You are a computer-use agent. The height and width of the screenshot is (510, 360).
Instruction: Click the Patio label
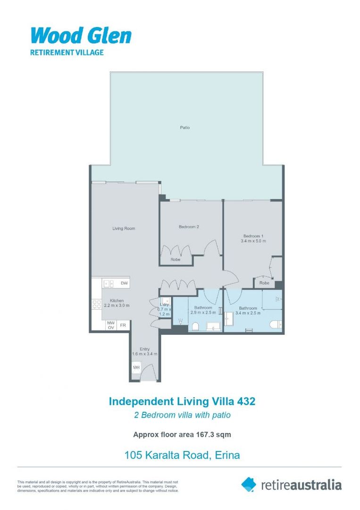(x=185, y=127)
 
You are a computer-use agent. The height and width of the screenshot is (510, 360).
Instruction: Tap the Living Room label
(x=124, y=229)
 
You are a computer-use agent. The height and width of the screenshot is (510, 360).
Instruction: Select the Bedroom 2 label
(x=189, y=227)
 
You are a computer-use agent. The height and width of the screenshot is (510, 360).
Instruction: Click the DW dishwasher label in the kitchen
(x=124, y=283)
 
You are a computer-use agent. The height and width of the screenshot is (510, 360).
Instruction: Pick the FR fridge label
(x=123, y=325)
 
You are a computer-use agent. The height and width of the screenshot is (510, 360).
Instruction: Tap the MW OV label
(x=111, y=325)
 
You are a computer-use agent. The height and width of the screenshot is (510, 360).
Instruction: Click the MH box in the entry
(x=136, y=367)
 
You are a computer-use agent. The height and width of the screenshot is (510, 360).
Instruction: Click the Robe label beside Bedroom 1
(x=264, y=283)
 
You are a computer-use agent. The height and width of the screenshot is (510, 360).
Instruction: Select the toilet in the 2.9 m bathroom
(x=196, y=326)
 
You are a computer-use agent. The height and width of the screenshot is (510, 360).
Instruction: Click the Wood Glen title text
(x=81, y=36)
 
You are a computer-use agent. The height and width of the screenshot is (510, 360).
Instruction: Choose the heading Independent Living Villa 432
(x=182, y=401)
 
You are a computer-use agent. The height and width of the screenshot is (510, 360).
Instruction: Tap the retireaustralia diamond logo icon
(x=249, y=484)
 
